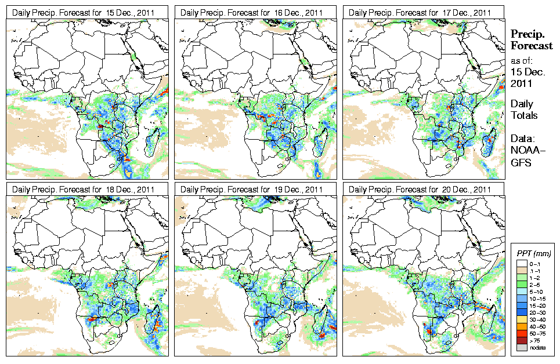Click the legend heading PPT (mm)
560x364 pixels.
(534, 254)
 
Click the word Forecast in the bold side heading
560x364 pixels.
(532, 46)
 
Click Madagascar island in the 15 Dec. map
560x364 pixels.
(153, 142)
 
